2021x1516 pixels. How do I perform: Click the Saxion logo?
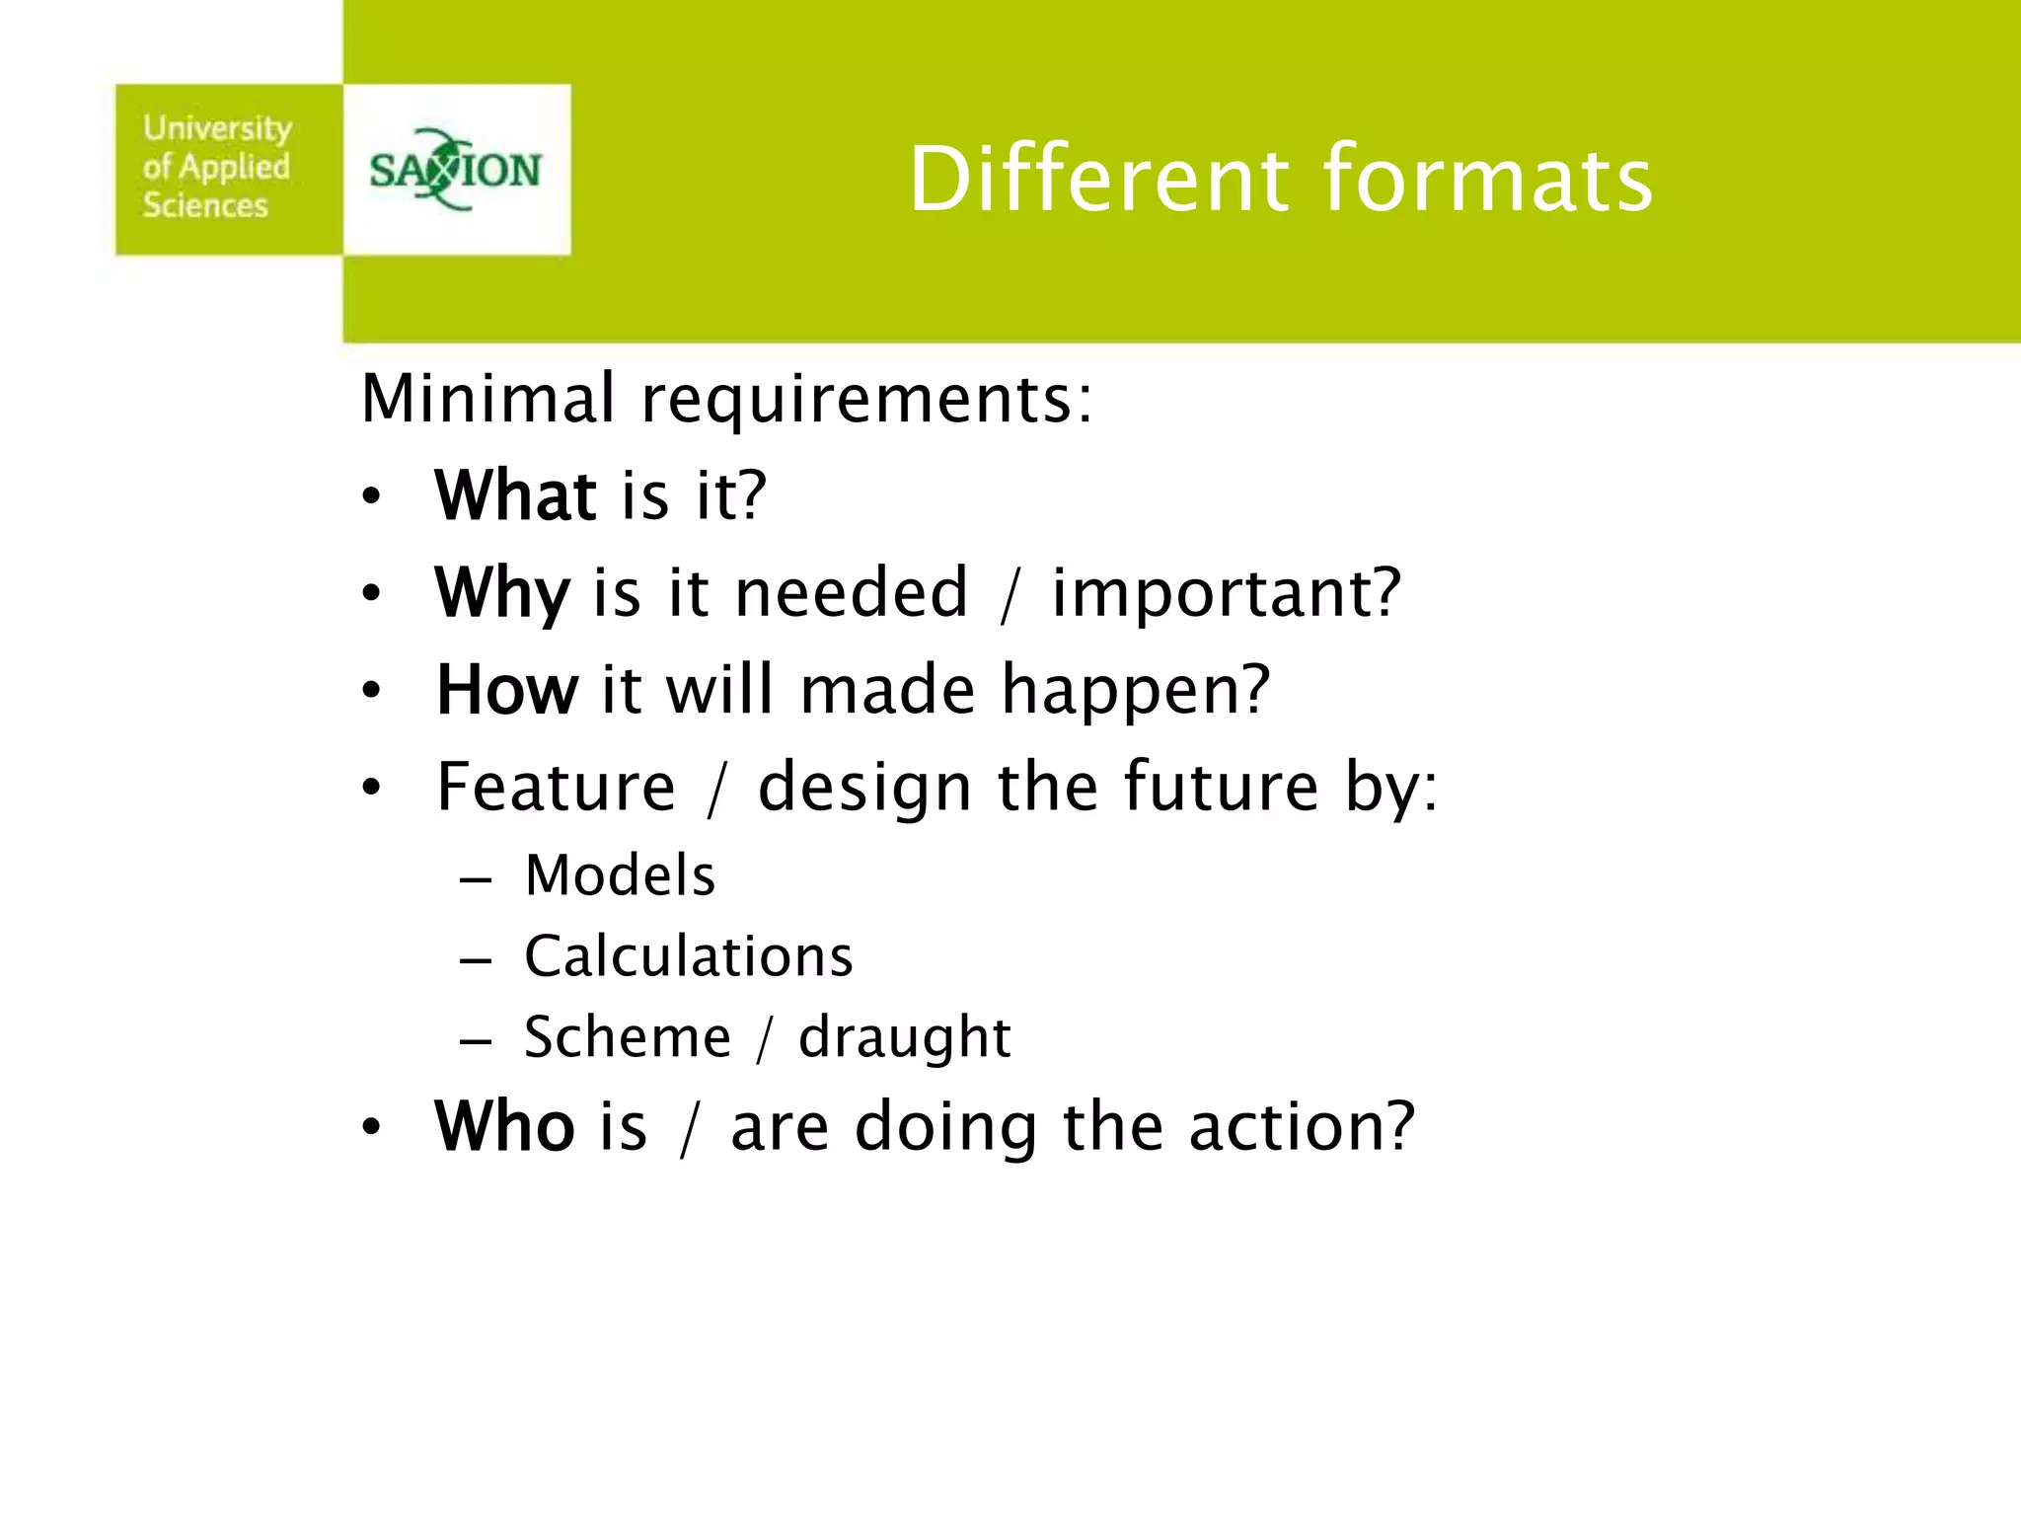455,170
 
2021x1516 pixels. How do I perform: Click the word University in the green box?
217,128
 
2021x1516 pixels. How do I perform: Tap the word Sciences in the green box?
205,205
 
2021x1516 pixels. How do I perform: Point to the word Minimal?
488,398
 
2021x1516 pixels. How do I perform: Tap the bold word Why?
502,594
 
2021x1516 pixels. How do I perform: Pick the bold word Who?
504,1126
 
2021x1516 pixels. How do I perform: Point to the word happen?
1135,691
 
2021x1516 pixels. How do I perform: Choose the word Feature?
557,787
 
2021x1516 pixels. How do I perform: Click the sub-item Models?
620,875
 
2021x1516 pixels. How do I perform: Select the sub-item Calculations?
688,956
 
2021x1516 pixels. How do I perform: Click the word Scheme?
628,1037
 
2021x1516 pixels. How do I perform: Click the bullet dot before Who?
370,1127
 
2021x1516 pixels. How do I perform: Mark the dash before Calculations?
476,959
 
